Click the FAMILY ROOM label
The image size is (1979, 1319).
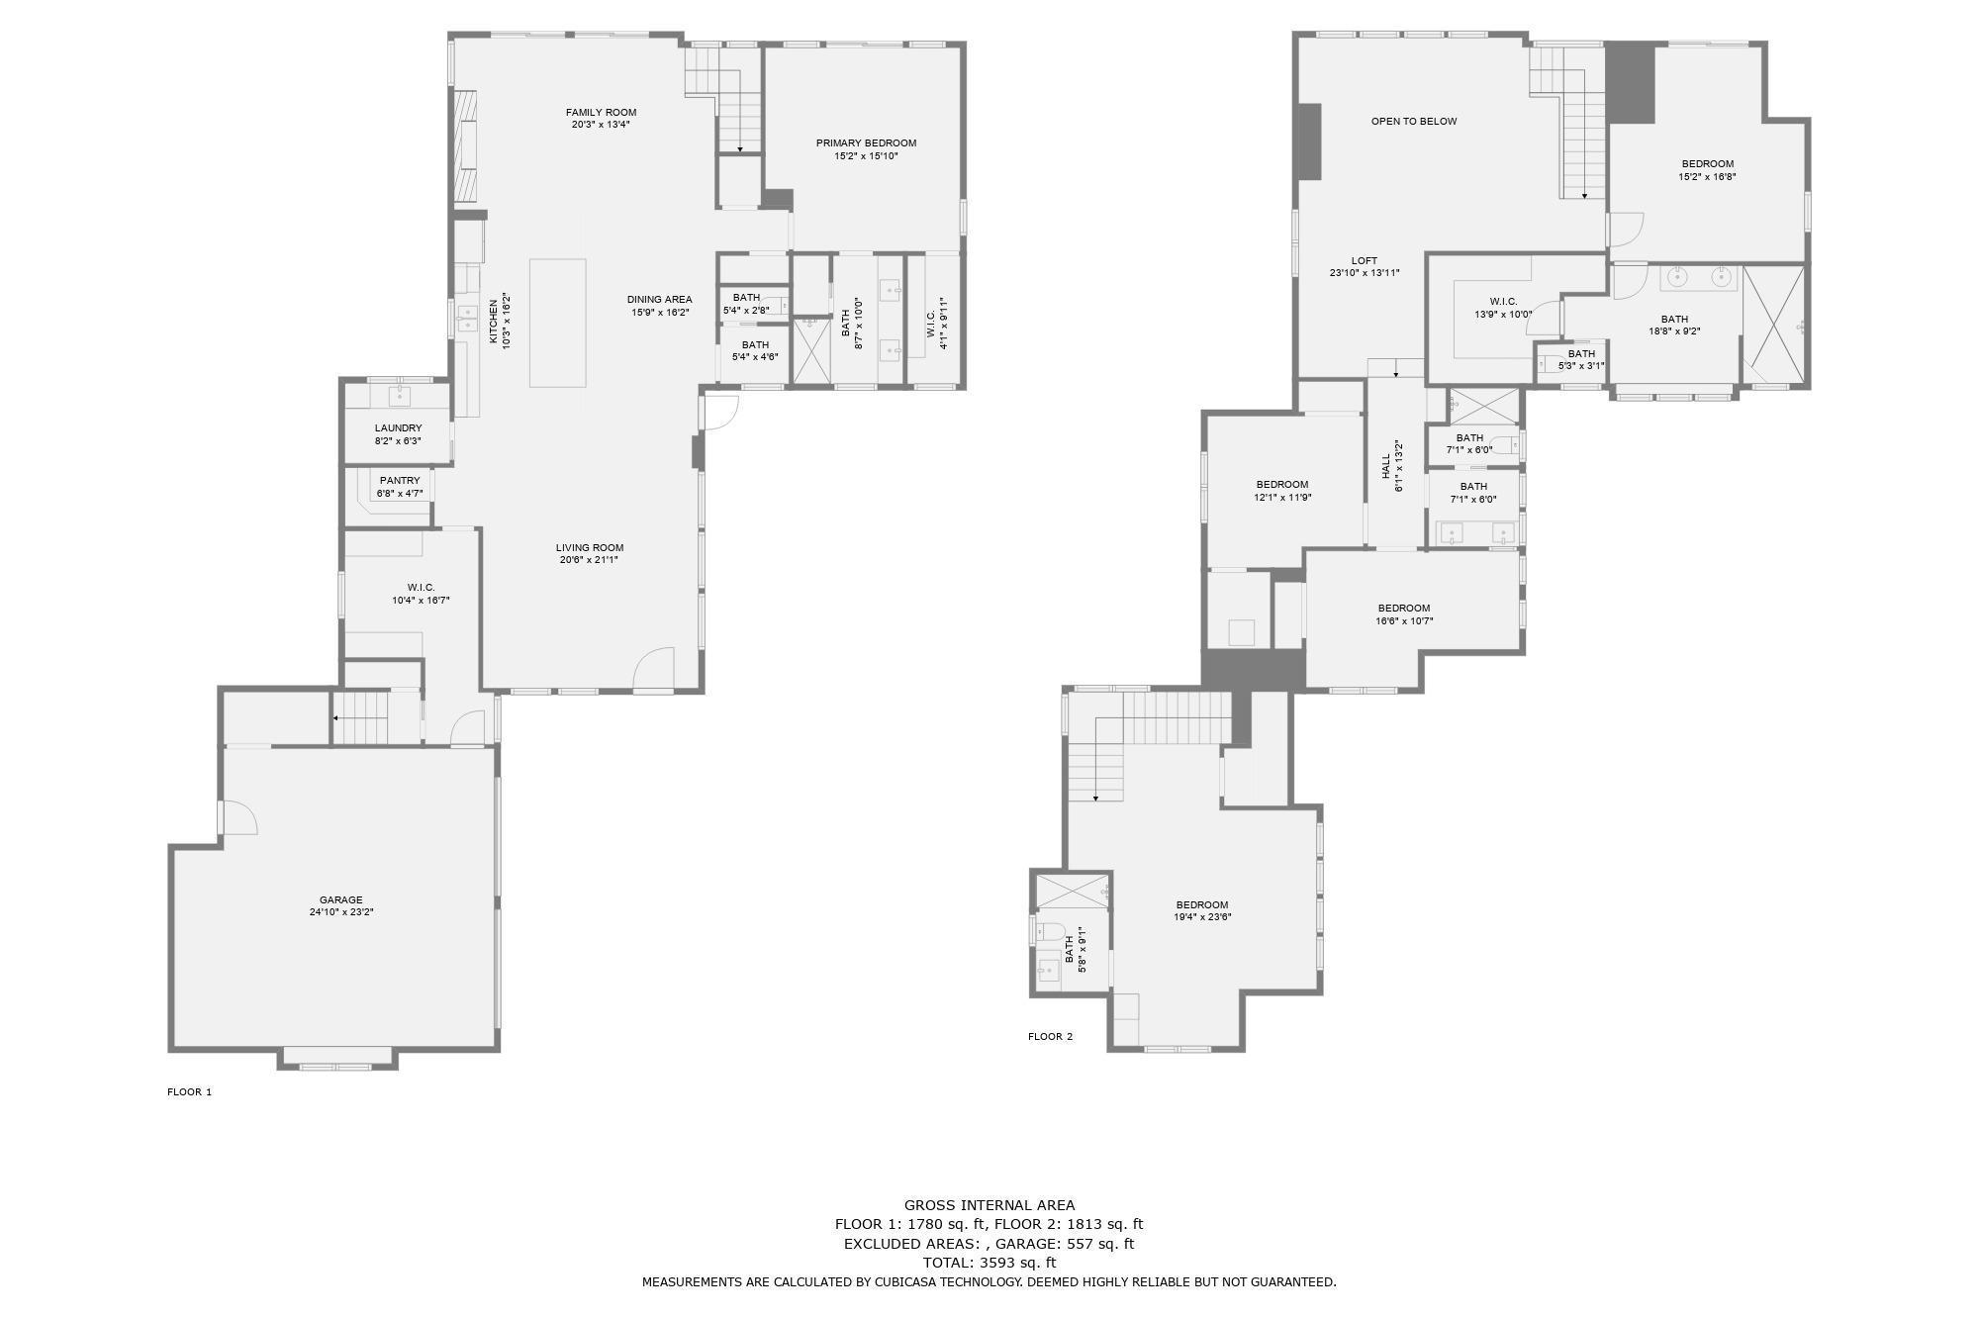click(x=601, y=113)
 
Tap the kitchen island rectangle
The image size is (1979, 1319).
click(x=557, y=323)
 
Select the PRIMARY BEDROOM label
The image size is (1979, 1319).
click(x=866, y=143)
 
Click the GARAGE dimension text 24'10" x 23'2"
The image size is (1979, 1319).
click(x=340, y=912)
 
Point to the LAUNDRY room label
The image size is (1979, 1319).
click(x=398, y=428)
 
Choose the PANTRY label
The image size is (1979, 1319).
click(x=400, y=481)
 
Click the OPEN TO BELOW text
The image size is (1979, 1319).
click(x=1413, y=122)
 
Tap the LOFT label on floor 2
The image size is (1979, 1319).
click(x=1364, y=261)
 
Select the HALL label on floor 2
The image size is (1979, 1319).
click(x=1386, y=461)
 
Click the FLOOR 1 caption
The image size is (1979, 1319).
click(x=189, y=1092)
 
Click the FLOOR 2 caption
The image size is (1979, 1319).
click(x=1050, y=1037)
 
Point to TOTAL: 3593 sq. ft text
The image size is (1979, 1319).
click(x=989, y=1263)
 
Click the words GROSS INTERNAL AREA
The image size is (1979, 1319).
click(x=989, y=1205)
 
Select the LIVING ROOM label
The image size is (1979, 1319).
click(x=589, y=548)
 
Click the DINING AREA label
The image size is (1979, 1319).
click(x=659, y=300)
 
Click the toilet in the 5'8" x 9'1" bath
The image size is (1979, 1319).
click(x=1050, y=932)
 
